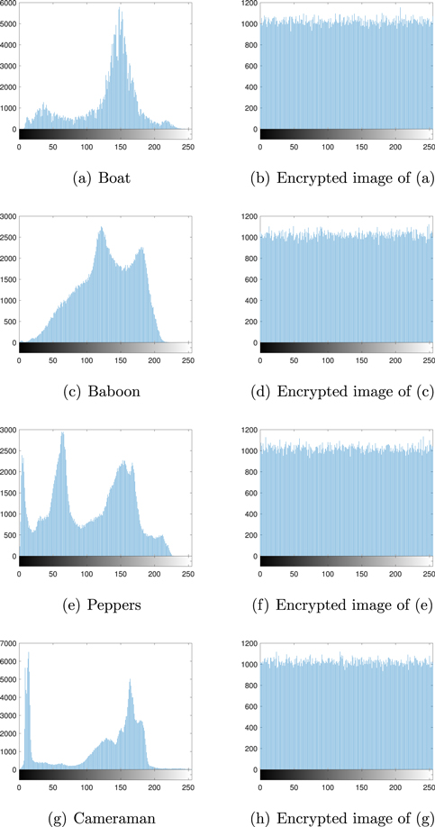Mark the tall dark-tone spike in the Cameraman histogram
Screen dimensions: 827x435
(x=28, y=653)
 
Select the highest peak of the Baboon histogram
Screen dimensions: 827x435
(x=101, y=228)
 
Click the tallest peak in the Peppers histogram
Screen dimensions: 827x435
(x=62, y=433)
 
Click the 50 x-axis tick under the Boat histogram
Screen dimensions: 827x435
(x=53, y=147)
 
